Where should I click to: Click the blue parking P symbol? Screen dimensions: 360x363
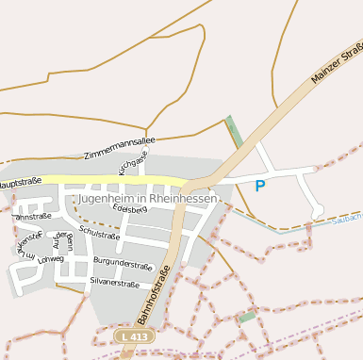[259, 186]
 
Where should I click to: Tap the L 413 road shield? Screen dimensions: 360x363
[134, 335]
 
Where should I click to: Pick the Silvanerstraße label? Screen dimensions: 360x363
[114, 283]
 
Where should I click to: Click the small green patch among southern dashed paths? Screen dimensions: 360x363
[247, 317]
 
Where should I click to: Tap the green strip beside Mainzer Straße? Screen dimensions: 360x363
[234, 131]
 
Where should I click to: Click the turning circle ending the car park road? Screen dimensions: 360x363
[318, 210]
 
